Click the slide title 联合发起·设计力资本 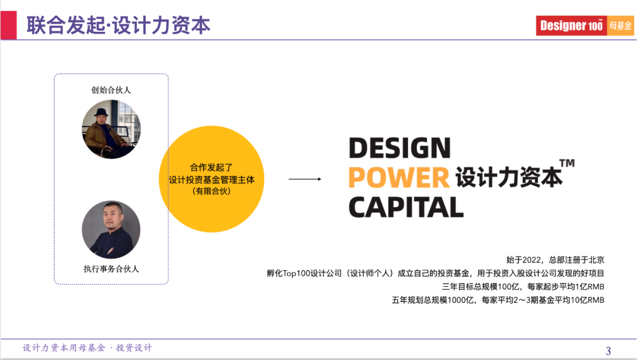coord(118,25)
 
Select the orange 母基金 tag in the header coord(620,25)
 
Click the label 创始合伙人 coord(111,90)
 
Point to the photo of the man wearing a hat coord(111,129)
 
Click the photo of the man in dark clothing coord(111,230)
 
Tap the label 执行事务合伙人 coord(111,269)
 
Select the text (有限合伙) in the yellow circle coord(211,191)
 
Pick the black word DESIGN coord(399,148)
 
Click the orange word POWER coord(399,178)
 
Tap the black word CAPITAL coord(406,207)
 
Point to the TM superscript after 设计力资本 coord(566,163)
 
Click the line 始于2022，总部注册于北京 coord(555,260)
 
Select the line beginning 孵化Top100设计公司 coord(435,273)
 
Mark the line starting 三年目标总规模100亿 coord(523,287)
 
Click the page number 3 coord(609,351)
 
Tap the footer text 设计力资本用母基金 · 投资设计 coord(87,348)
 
